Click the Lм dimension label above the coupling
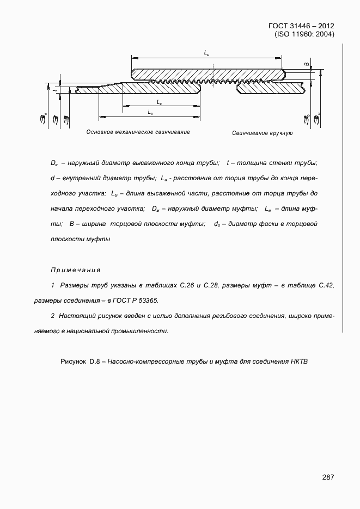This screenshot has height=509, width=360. tap(206, 53)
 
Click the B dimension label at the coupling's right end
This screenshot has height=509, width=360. tap(306, 65)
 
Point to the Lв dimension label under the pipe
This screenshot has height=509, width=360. tap(158, 102)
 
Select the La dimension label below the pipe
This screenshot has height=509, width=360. tap(150, 112)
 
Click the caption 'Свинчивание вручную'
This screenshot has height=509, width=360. tap(263, 133)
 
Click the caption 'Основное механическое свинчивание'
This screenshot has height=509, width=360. tap(138, 132)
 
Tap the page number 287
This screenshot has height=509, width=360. tap(328, 477)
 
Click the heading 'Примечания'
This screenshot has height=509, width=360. tap(76, 270)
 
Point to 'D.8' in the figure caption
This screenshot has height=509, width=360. tap(96, 361)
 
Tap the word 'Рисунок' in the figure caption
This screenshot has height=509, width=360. tap(74, 361)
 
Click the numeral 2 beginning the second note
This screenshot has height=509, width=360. tap(52, 316)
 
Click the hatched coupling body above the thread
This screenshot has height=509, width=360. tap(206, 73)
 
